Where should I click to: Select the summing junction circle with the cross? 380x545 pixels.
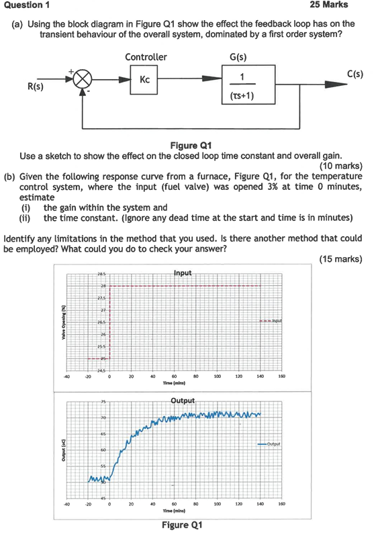point(83,79)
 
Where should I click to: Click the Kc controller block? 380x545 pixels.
point(146,80)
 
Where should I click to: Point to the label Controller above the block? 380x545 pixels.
point(146,57)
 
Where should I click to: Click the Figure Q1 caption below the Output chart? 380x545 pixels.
point(182,525)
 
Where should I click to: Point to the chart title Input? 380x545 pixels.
point(183,273)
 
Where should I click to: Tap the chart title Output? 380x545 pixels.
point(183,401)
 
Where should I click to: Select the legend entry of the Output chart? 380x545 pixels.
point(271,444)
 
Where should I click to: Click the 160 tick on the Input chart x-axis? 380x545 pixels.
point(281,377)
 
